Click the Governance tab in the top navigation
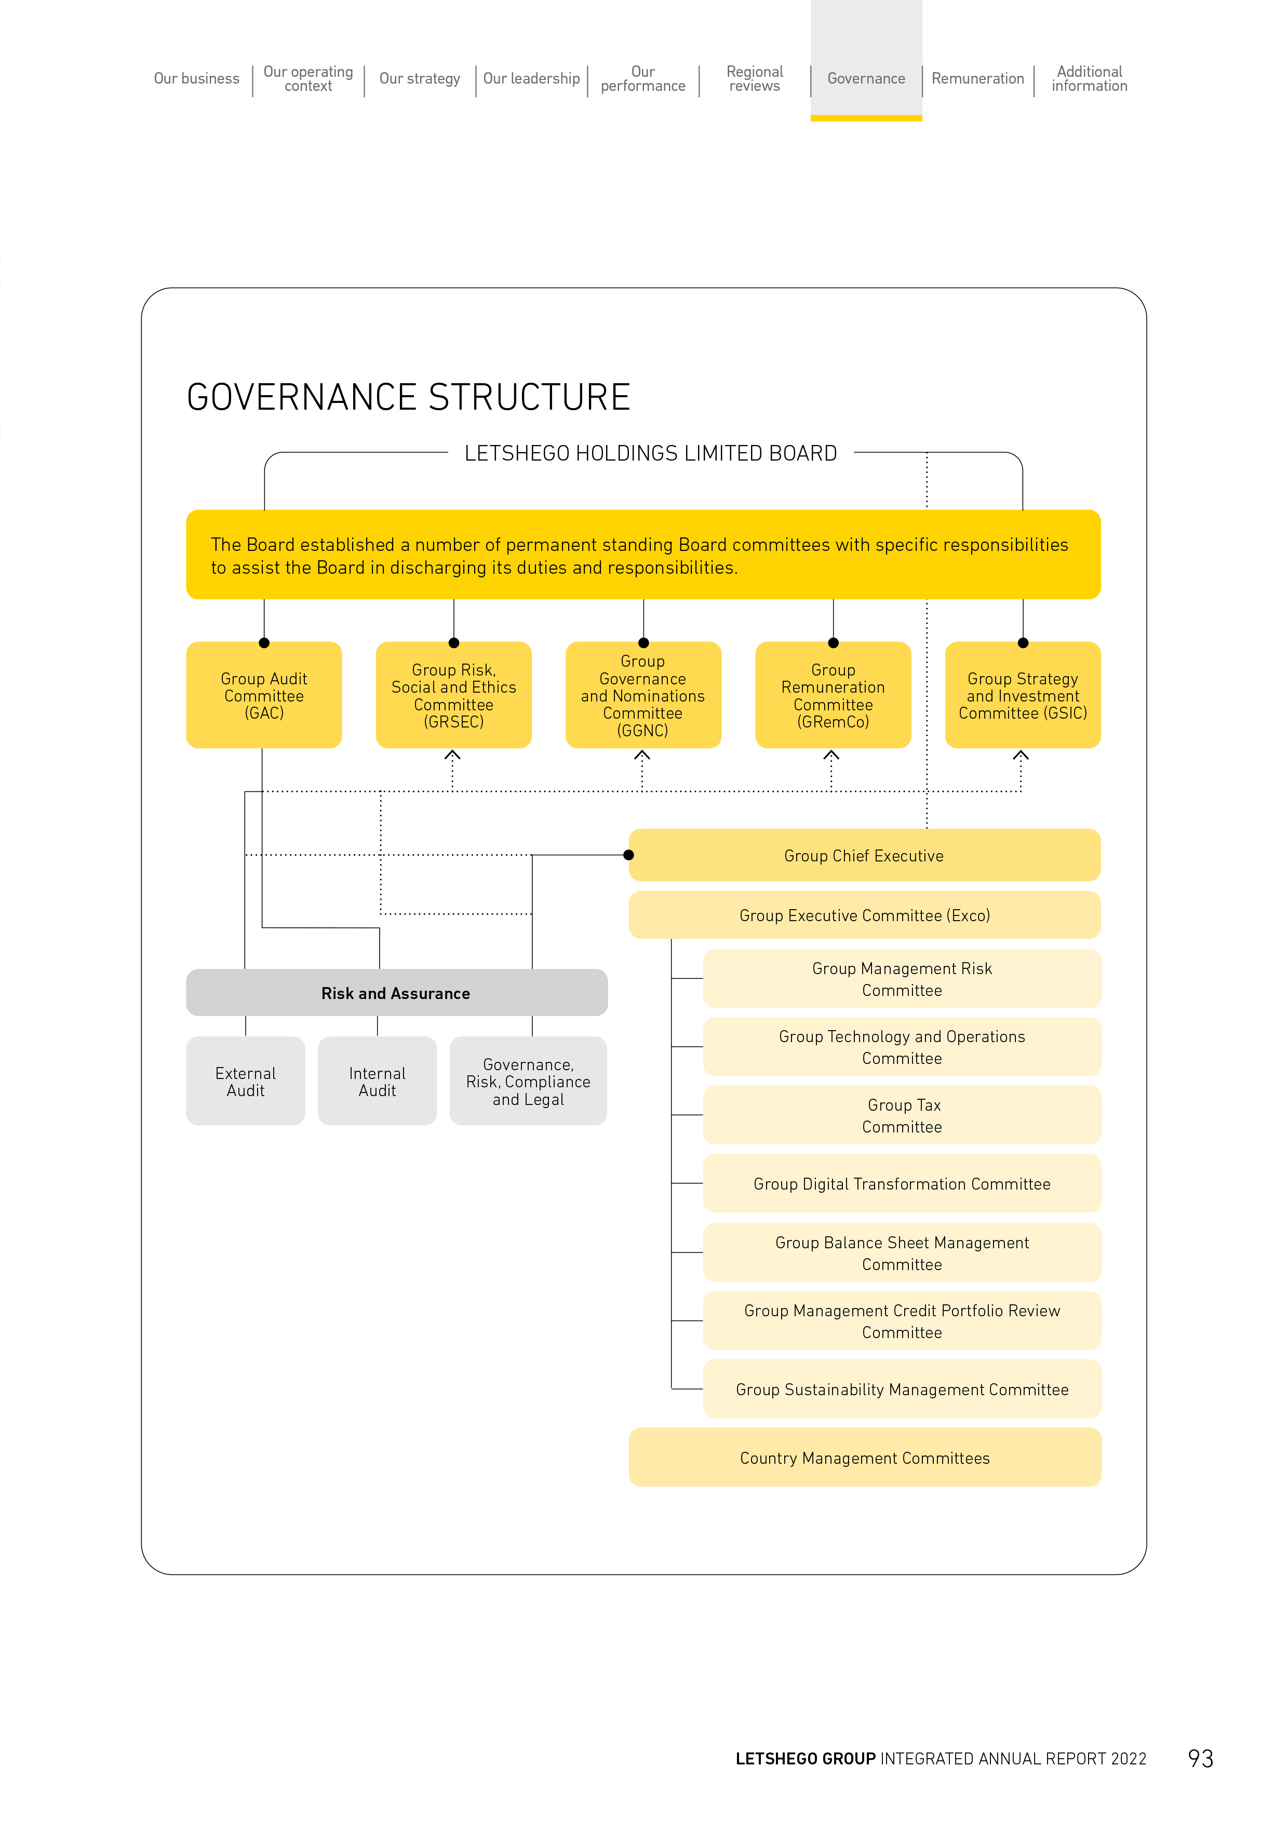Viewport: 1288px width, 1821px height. tap(866, 78)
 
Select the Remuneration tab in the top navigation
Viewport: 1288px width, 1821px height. tap(978, 78)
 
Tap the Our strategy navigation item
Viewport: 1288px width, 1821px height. tap(420, 78)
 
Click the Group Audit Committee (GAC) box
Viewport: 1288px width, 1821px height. tap(264, 695)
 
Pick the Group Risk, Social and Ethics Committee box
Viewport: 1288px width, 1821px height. tap(453, 695)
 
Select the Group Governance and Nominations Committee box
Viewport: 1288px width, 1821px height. tap(643, 695)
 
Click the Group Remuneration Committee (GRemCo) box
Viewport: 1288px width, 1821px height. tap(833, 695)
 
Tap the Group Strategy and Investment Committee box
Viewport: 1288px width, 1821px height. tap(1023, 695)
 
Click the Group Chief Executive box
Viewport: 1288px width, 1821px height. tap(865, 855)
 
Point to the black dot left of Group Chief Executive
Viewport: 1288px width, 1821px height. tap(629, 855)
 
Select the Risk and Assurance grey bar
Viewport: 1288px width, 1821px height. tap(397, 992)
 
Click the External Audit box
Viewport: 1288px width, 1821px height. tap(246, 1081)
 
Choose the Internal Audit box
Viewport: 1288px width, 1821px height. tap(378, 1081)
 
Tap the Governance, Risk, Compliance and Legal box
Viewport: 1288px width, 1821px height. tap(528, 1081)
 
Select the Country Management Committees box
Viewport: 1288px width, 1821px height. tap(865, 1457)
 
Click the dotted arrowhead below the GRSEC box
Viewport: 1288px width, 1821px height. tap(453, 755)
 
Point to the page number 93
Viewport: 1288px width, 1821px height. tap(1201, 1758)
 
